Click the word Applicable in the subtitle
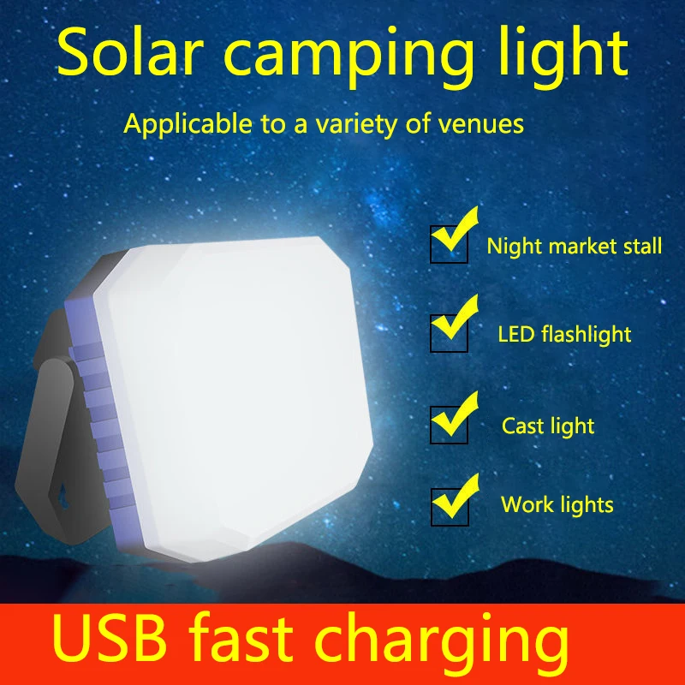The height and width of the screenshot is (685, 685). pos(183,124)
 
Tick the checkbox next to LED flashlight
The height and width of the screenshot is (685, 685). pos(449,335)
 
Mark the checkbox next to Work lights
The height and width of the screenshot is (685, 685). pos(449,506)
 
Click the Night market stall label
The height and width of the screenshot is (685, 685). pos(575,247)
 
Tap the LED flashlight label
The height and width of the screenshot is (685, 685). pos(565,334)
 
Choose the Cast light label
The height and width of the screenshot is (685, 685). pos(548,426)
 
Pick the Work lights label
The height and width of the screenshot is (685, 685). pos(557,504)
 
